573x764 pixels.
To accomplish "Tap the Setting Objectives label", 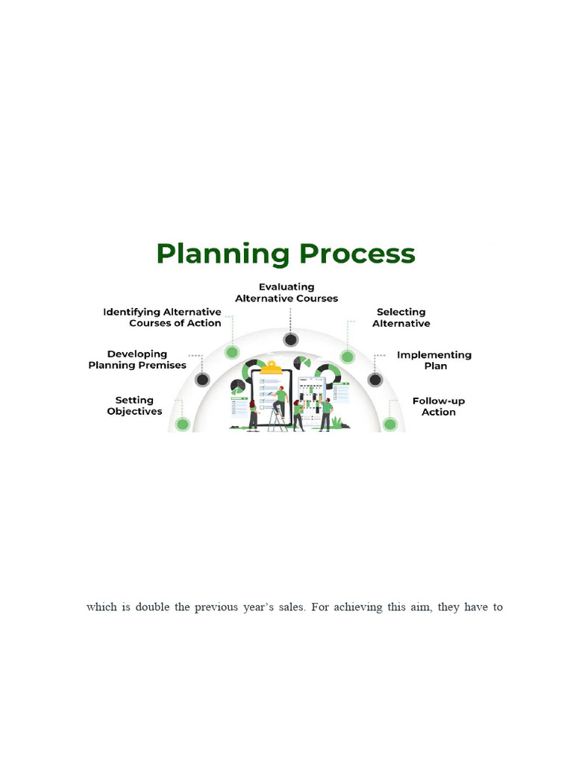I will click(x=134, y=406).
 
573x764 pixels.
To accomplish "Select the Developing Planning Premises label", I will click(x=137, y=360).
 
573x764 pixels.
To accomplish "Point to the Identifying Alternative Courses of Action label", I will click(x=162, y=318).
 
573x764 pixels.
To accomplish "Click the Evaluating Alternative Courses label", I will click(x=286, y=292).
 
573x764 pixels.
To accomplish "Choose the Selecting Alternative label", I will click(x=401, y=318).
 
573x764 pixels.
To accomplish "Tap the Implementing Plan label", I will click(x=434, y=360).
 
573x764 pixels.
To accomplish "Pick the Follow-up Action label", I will click(x=439, y=407).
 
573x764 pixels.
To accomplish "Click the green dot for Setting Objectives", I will click(x=183, y=425).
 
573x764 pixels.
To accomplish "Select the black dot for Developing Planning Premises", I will click(x=202, y=380).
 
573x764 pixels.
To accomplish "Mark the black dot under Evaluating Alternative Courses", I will click(x=291, y=340).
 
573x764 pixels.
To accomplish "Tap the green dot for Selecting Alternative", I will click(x=348, y=357).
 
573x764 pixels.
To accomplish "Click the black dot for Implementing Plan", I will click(x=375, y=380).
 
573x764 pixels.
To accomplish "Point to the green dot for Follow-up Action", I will click(x=390, y=425).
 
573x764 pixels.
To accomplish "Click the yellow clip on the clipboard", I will click(x=272, y=368).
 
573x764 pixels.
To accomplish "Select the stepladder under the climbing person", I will click(x=278, y=420).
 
